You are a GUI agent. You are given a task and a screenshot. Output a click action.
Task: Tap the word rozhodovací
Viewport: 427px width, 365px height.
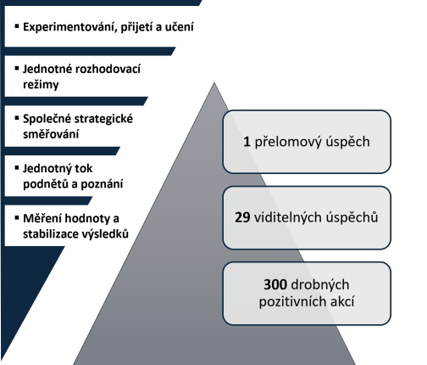tap(110, 69)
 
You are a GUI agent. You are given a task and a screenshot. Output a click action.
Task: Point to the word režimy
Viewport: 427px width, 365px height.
tap(41, 85)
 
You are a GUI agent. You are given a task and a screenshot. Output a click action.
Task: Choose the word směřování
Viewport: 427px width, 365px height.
tap(51, 134)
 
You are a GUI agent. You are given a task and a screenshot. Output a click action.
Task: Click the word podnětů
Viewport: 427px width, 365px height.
tap(46, 184)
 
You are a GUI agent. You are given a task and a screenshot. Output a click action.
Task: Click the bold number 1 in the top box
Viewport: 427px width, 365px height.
tap(247, 142)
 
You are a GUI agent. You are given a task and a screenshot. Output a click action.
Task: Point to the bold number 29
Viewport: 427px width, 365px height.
tap(242, 217)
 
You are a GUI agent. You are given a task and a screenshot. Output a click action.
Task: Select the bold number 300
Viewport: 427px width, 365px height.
tap(275, 284)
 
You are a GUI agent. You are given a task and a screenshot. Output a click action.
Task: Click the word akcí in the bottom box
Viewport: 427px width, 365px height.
tap(342, 301)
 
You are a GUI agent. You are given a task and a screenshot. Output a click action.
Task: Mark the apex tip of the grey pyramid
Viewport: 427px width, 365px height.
tap(214, 82)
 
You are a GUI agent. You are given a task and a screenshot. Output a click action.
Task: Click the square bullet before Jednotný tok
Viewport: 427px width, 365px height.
tap(17, 168)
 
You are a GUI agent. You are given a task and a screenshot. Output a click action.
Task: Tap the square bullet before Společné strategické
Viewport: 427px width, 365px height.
tap(17, 118)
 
